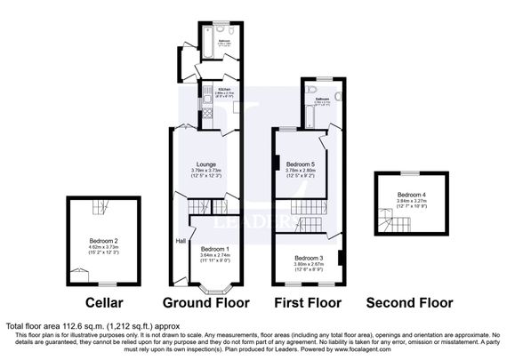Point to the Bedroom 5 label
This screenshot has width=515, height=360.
pyautogui.click(x=300, y=164)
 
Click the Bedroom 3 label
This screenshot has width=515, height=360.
pyautogui.click(x=307, y=257)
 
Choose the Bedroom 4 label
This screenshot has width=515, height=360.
pyautogui.click(x=410, y=195)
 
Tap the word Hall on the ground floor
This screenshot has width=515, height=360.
pyautogui.click(x=180, y=240)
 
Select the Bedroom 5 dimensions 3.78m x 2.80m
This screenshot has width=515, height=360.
pyautogui.click(x=300, y=171)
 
